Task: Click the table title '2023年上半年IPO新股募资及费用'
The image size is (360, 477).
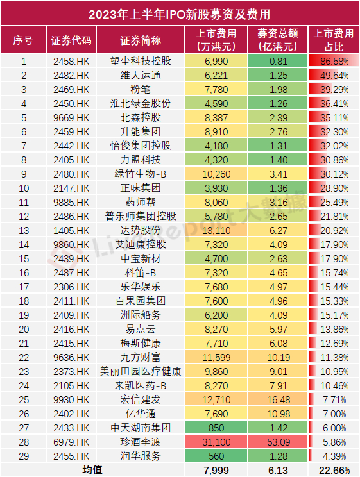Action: (180, 13)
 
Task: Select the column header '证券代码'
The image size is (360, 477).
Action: (71, 40)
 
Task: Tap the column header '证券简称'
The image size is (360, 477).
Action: (141, 40)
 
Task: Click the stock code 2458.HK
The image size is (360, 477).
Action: (71, 62)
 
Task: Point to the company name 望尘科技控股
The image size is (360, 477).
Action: (141, 62)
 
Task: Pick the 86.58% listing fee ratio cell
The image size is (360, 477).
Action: (332, 62)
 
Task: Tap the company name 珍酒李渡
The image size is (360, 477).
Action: (141, 442)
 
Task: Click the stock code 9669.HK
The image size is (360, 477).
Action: (71, 118)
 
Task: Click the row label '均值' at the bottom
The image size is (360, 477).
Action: (92, 471)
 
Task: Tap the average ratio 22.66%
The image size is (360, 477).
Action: (332, 471)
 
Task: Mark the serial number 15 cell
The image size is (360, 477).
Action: (23, 259)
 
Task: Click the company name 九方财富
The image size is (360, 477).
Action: (141, 358)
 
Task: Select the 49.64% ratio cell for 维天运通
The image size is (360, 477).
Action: (332, 76)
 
